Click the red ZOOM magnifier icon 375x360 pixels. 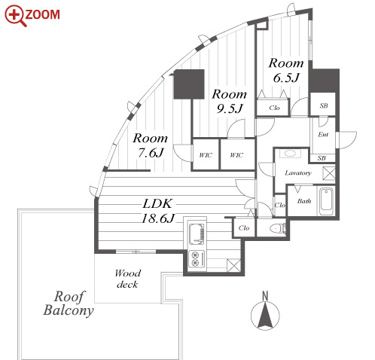[15, 16]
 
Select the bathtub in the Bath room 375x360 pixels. [326, 202]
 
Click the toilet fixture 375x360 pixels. [278, 228]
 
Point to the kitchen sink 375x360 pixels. [197, 233]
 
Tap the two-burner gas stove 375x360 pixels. [197, 259]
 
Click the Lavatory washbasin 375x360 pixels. [290, 154]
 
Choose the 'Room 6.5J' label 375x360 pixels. [286, 70]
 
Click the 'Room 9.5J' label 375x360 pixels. [230, 101]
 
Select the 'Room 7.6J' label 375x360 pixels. [151, 145]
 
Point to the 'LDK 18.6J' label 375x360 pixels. [158, 211]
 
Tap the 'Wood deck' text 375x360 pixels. [128, 279]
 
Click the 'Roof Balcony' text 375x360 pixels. [69, 304]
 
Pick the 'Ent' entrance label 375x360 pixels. [323, 135]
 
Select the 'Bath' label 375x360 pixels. [304, 201]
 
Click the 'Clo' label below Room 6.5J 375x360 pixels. [274, 108]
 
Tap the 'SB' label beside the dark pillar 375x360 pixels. [324, 105]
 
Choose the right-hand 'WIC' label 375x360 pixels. [236, 155]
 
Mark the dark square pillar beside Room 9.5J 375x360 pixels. [189, 84]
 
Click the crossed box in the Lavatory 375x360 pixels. [329, 173]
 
